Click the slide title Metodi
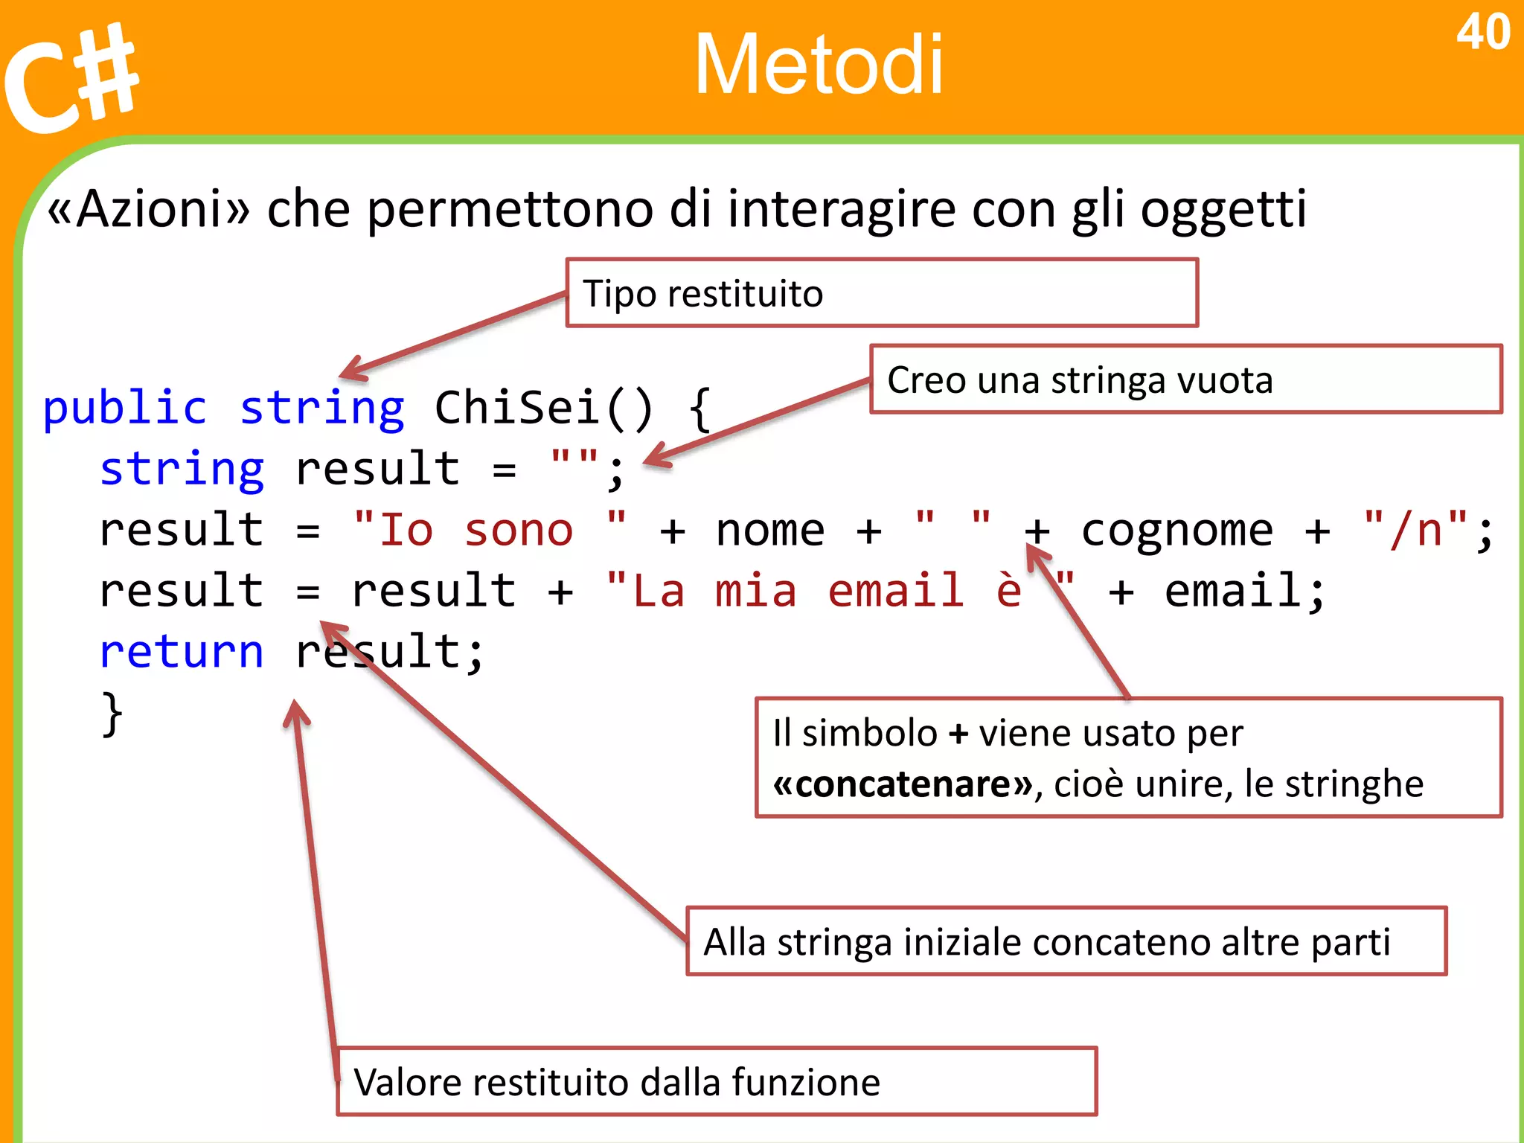819,65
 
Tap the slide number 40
1482,33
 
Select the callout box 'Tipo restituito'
882,293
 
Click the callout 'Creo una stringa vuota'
1185,380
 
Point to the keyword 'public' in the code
124,408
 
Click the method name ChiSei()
543,408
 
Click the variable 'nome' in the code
769,531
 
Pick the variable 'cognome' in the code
1176,531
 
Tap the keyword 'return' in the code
181,653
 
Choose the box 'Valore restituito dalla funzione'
716,1081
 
